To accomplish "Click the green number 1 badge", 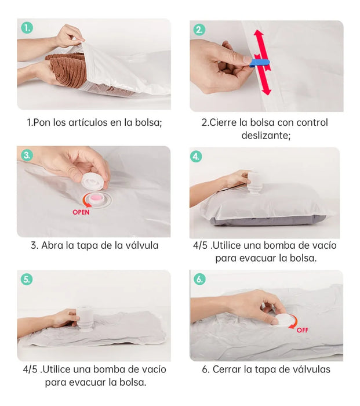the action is [x=27, y=28].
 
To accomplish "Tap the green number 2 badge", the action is [x=199, y=30].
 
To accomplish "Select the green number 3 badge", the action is [x=27, y=155].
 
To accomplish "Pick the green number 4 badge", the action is [x=196, y=157].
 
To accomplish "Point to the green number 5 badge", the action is [x=27, y=280].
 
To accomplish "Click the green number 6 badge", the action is [x=199, y=279].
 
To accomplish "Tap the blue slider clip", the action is [x=260, y=63].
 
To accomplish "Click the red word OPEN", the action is [x=81, y=212].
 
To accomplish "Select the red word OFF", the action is [x=302, y=330].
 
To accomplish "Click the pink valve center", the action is [x=95, y=198].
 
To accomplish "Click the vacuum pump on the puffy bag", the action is [x=253, y=181].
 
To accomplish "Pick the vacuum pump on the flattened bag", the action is [x=85, y=319].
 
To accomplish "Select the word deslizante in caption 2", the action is [x=265, y=135].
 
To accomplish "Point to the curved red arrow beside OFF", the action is [x=294, y=322].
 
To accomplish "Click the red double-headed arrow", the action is [x=262, y=62].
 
